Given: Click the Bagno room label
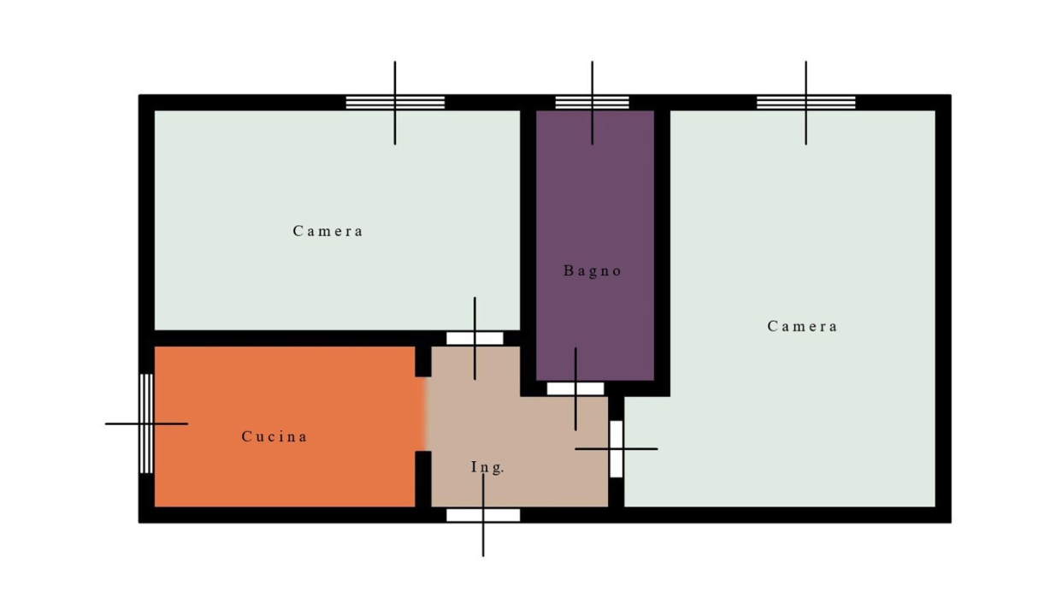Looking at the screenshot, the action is point(593,271).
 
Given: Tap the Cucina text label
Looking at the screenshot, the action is point(274,436).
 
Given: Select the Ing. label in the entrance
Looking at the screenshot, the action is point(488,467).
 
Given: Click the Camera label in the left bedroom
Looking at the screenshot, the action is point(327,231).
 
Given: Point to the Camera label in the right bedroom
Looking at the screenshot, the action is point(802,326).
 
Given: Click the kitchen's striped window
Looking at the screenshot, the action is point(146,423).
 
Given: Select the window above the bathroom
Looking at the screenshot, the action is point(592,103).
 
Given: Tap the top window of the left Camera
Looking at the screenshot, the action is point(395,103).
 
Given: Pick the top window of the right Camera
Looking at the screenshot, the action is point(806,103).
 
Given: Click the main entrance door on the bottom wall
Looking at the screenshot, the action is point(483,515).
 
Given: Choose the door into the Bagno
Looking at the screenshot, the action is point(575,388).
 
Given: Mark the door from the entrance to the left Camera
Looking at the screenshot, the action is point(475,338).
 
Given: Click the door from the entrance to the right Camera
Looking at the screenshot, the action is point(616,449).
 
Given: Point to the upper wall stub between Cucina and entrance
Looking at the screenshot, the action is point(423,362).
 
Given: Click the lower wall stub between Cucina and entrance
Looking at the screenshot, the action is point(423,479).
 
